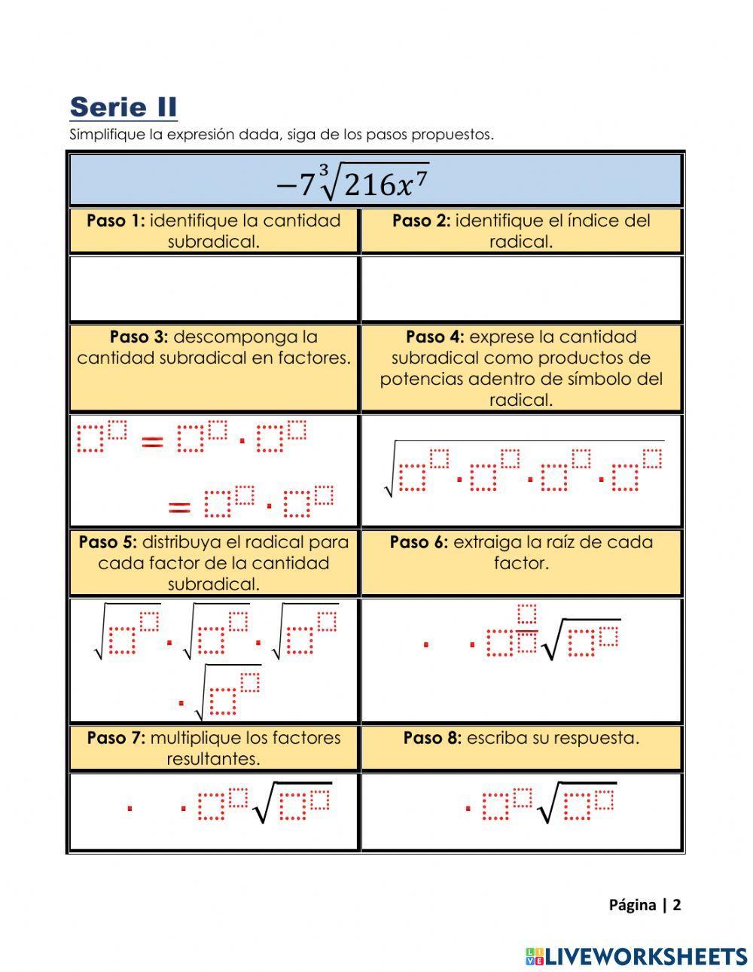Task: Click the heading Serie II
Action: pos(123,108)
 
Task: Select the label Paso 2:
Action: pos(421,221)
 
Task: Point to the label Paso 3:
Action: pos(139,337)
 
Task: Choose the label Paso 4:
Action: pos(434,337)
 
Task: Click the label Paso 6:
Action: pos(419,542)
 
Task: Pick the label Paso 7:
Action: pos(116,738)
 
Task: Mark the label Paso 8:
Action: pos(432,738)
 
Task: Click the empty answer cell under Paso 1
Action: pos(213,289)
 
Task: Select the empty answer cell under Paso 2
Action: pos(521,289)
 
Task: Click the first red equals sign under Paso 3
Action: pos(153,443)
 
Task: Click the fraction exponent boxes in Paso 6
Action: pos(527,628)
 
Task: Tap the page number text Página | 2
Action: pos(645,905)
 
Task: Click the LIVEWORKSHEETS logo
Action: pos(636,956)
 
